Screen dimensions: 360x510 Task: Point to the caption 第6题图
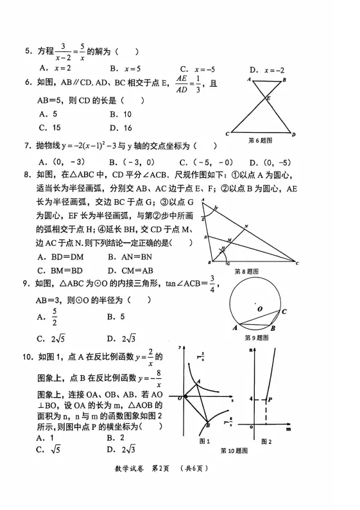tap(261, 140)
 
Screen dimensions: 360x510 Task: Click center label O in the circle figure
tap(260, 308)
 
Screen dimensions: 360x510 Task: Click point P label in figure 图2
tap(272, 399)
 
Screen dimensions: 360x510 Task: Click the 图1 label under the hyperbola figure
tap(205, 441)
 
